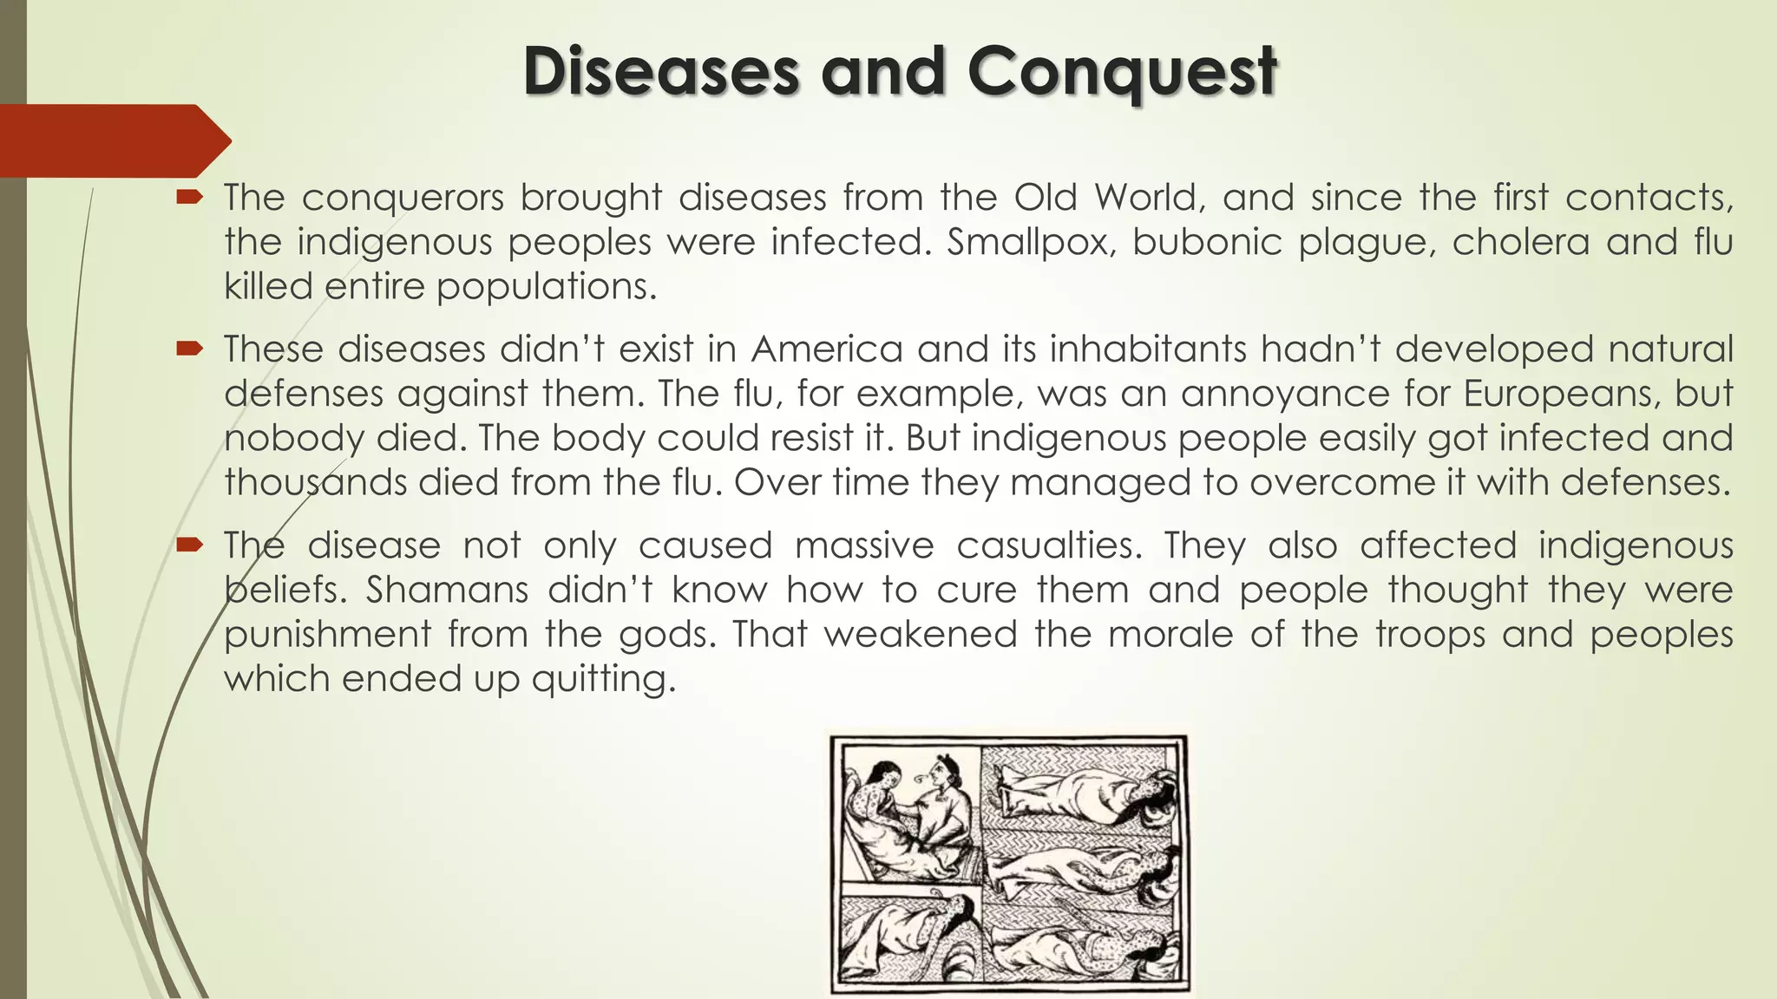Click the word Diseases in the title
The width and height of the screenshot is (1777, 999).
click(660, 71)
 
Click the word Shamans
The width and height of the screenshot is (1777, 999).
click(447, 591)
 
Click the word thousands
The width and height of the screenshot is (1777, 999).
click(316, 482)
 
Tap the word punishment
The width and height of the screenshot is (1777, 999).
click(327, 635)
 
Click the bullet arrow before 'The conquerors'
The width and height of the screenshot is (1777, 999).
click(189, 198)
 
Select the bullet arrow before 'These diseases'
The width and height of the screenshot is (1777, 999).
click(189, 349)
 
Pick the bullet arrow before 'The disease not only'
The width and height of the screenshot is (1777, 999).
click(189, 545)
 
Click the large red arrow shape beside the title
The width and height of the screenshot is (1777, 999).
click(113, 140)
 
